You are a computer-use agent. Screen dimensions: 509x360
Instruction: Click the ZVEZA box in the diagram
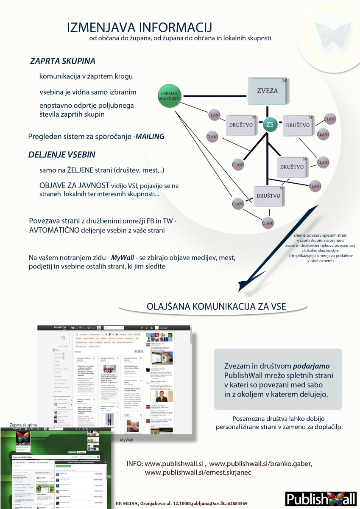(x=268, y=91)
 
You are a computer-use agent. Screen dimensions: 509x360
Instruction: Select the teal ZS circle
(x=270, y=125)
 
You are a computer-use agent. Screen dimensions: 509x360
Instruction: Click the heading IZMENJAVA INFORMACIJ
(x=139, y=28)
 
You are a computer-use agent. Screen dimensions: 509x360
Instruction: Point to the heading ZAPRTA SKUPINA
(x=62, y=61)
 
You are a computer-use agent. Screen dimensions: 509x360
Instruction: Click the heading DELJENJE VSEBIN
(x=61, y=154)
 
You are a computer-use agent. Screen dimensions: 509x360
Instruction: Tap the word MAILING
(x=150, y=137)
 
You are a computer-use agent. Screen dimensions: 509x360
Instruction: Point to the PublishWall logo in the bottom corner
(x=321, y=498)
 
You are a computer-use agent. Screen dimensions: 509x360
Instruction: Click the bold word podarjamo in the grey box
(x=312, y=366)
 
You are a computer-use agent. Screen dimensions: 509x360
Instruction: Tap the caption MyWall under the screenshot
(x=127, y=441)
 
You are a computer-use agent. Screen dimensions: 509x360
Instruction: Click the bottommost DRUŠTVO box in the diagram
(x=268, y=196)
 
